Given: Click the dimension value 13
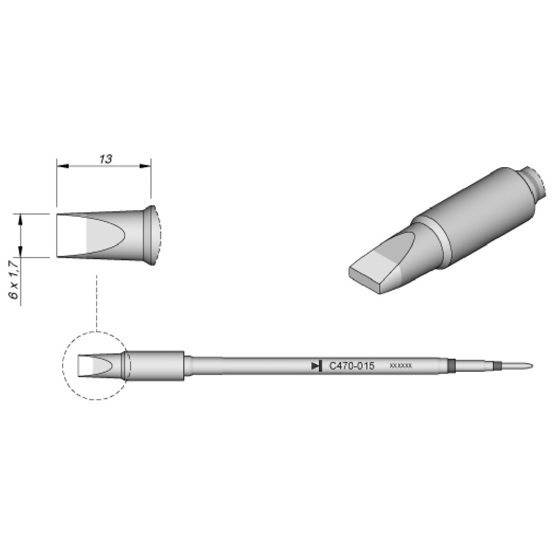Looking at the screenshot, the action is pyautogui.click(x=105, y=159).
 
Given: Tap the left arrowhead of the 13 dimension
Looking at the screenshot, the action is pyautogui.click(x=62, y=165).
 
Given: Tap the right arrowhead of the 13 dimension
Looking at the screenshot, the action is pyautogui.click(x=145, y=165).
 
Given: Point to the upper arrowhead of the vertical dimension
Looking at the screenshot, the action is pyautogui.click(x=21, y=219).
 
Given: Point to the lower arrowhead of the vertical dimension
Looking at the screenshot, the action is pyautogui.click(x=21, y=251).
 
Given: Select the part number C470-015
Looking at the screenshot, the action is pyautogui.click(x=351, y=366).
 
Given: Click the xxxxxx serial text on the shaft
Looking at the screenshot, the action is pyautogui.click(x=401, y=366).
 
